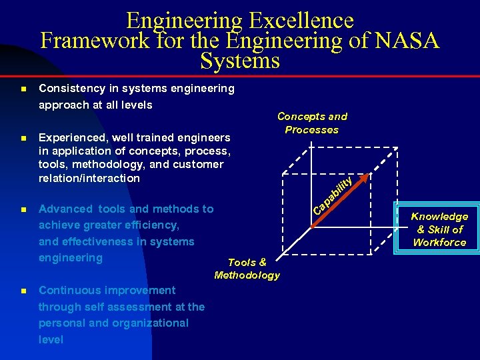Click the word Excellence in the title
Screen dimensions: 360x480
[301, 20]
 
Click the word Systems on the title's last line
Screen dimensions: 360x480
[239, 61]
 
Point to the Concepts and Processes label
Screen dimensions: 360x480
[312, 123]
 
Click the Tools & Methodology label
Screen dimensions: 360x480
[247, 269]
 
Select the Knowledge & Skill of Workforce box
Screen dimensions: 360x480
[439, 229]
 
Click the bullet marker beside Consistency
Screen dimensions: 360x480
[23, 89]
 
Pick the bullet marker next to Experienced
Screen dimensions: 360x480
[23, 139]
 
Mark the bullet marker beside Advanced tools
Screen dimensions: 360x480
[23, 209]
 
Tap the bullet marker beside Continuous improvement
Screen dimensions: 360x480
[23, 291]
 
